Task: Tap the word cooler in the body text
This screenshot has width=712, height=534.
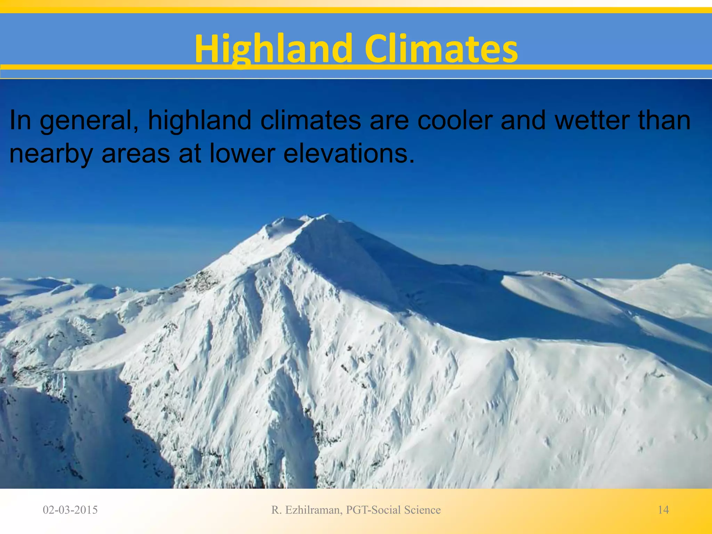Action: coord(454,120)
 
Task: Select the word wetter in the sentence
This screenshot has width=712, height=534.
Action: coord(592,120)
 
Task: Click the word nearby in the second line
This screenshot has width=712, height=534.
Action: coord(51,154)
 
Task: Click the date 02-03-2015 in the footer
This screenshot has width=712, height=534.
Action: coord(70,510)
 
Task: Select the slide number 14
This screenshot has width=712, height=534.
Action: coord(663,510)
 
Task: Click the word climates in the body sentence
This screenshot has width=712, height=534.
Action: coord(310,120)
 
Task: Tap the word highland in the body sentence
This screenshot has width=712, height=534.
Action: coord(200,120)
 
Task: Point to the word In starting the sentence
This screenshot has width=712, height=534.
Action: coord(20,120)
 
